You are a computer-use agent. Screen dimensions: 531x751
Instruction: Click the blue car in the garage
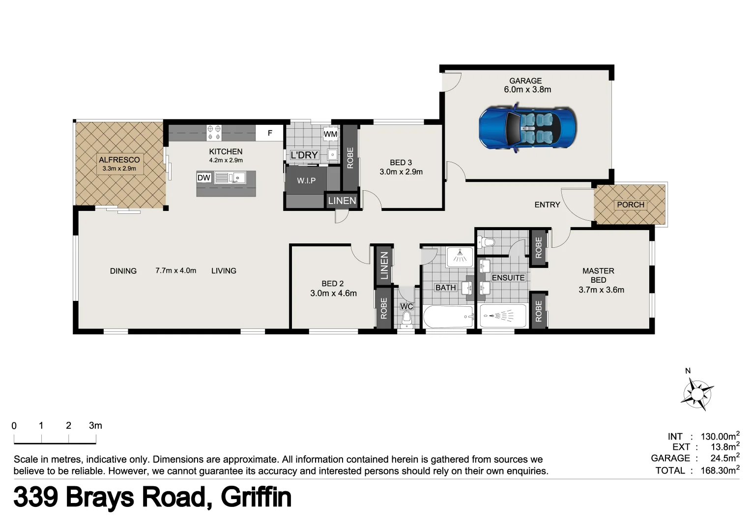(527, 128)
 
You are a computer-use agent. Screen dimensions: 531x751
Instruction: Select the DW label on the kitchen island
(203, 178)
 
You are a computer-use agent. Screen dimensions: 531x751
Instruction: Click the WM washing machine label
(330, 134)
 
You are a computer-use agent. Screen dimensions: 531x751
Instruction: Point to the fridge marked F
(270, 133)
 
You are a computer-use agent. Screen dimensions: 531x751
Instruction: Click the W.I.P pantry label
(306, 181)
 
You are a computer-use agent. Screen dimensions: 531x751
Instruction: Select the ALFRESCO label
(119, 160)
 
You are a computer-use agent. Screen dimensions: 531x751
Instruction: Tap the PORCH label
(630, 205)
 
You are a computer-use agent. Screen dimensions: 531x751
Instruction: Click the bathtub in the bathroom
(448, 317)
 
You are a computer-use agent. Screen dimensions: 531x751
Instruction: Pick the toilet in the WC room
(406, 320)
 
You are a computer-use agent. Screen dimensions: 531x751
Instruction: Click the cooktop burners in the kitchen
(214, 133)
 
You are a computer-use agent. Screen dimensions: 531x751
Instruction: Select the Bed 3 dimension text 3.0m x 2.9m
(401, 172)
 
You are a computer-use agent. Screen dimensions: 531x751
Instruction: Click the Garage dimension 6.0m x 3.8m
(527, 89)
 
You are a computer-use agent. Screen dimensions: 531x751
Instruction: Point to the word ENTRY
(547, 205)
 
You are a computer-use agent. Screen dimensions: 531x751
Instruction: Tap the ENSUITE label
(508, 278)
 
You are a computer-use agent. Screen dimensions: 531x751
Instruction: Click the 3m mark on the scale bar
(95, 426)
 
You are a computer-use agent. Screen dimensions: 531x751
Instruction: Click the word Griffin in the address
(256, 497)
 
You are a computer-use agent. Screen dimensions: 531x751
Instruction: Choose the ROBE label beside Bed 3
(350, 158)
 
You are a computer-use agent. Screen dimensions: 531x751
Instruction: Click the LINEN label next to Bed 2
(384, 265)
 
